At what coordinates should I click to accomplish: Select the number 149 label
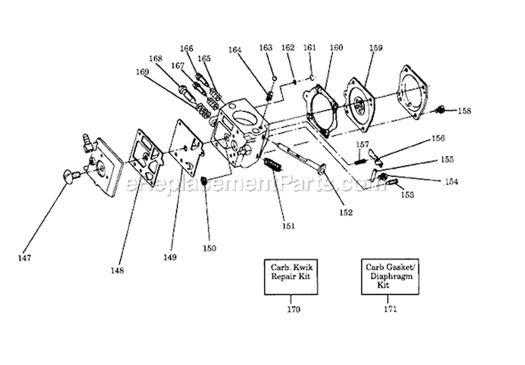[170, 257]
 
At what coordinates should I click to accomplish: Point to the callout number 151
[288, 225]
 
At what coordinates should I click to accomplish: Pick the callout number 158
[465, 110]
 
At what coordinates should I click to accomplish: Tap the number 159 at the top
[375, 48]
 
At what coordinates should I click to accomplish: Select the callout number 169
[142, 71]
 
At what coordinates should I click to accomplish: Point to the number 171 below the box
[387, 308]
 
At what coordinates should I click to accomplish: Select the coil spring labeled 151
[274, 169]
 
